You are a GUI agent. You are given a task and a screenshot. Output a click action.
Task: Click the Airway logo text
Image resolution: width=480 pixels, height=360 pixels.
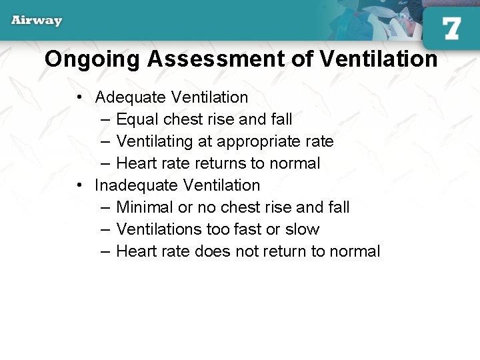pyautogui.click(x=37, y=21)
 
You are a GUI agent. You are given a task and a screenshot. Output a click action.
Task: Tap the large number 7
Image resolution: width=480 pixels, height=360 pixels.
pyautogui.click(x=451, y=29)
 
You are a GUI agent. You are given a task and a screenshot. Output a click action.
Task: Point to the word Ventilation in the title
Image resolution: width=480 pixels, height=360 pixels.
pyautogui.click(x=378, y=59)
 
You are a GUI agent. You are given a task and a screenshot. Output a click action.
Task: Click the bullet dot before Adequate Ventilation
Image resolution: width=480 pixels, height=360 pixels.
pyautogui.click(x=79, y=97)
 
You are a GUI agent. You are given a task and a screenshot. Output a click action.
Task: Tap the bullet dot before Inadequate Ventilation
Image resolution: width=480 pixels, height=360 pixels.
pyautogui.click(x=79, y=185)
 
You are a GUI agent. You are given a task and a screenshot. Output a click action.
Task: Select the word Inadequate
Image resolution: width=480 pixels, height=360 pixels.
pyautogui.click(x=136, y=185)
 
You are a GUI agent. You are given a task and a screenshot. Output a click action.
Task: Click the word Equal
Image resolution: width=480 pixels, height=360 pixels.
pyautogui.click(x=137, y=120)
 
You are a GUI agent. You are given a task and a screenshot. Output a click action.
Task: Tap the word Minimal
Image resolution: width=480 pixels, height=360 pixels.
pyautogui.click(x=145, y=207)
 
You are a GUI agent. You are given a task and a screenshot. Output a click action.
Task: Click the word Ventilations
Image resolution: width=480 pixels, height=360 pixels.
pyautogui.click(x=159, y=229)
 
